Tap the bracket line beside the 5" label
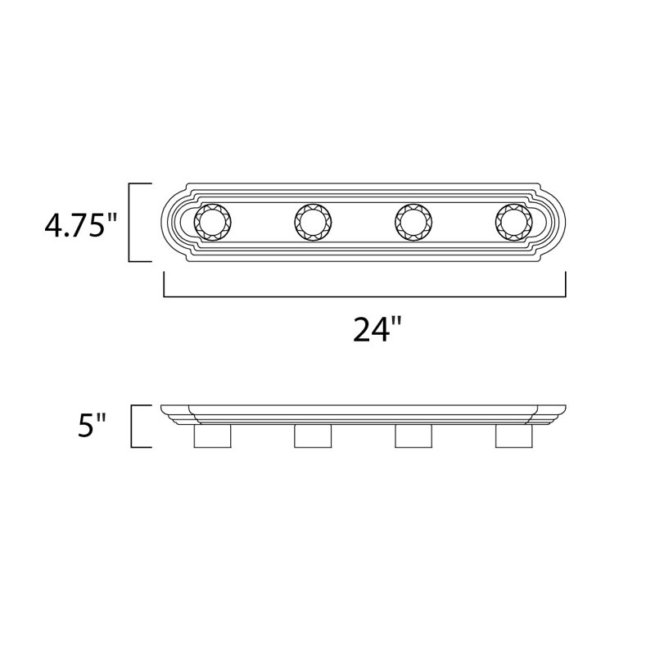(132, 427)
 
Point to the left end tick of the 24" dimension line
(165, 286)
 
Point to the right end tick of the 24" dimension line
(566, 286)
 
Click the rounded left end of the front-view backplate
(174, 221)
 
